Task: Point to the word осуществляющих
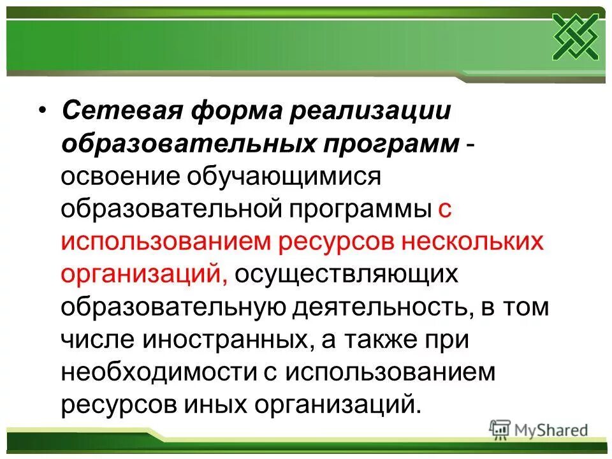[x=346, y=275]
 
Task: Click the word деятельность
[x=381, y=307]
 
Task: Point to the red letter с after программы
[x=444, y=210]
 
